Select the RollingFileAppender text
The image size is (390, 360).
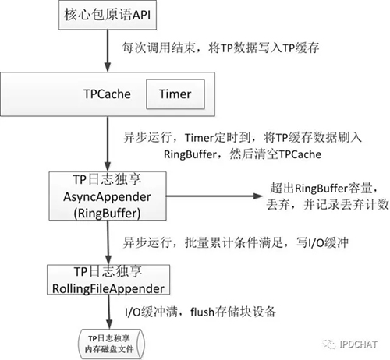coord(107,285)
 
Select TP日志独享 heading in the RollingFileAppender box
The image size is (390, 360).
coord(107,270)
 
